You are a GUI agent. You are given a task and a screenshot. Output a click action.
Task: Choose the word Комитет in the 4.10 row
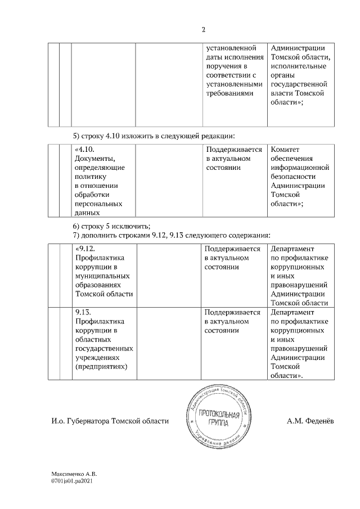tap(285, 150)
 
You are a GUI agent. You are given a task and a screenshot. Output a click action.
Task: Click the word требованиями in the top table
tap(229, 93)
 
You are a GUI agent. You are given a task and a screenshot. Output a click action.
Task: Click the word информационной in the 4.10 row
tap(299, 168)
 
